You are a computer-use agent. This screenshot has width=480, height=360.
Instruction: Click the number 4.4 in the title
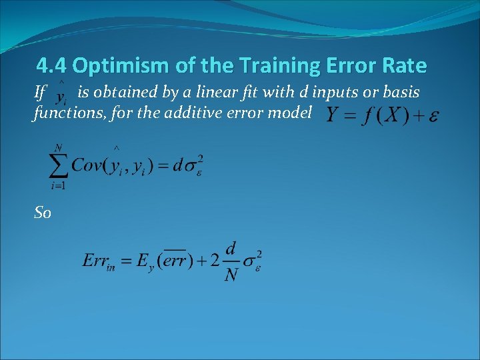click(x=52, y=66)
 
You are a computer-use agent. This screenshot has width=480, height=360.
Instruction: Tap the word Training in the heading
click(x=287, y=66)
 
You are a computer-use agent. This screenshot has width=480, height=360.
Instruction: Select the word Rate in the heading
click(x=403, y=66)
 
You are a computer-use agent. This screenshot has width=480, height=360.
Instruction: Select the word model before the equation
click(x=291, y=113)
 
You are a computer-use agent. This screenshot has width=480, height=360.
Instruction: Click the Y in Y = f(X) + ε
click(x=332, y=115)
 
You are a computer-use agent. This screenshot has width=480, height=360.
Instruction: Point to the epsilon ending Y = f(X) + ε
click(x=433, y=117)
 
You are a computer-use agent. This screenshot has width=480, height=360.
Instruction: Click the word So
click(x=42, y=213)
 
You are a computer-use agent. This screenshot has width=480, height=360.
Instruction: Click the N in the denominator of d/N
click(x=231, y=273)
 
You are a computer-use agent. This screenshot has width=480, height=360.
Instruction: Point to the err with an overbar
click(x=177, y=259)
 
